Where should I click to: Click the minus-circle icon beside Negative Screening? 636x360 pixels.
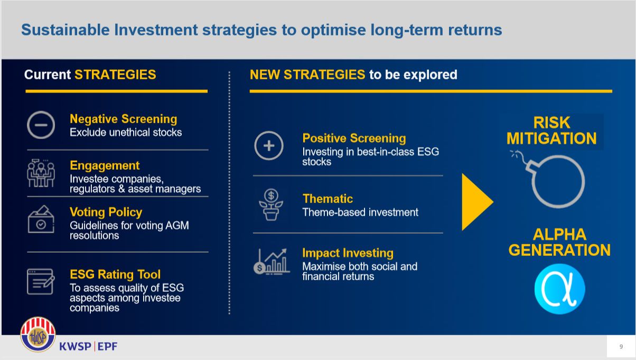tap(41, 113)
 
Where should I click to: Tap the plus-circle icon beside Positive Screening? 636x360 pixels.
tap(268, 132)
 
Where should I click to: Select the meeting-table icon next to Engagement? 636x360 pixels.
tap(41, 173)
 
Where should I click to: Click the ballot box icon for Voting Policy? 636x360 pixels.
tap(41, 219)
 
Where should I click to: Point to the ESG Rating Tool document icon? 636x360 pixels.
tap(40, 281)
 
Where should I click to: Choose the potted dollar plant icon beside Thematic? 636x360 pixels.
tap(271, 205)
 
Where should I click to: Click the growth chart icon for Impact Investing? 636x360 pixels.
tap(272, 262)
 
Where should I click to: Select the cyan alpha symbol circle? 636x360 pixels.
tap(559, 289)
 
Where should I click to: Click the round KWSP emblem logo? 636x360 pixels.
tap(38, 335)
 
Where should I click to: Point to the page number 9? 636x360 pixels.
tap(621, 346)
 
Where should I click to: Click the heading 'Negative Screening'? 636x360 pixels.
tap(123, 119)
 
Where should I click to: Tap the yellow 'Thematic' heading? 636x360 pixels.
tap(328, 199)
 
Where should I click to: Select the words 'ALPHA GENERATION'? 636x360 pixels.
tap(559, 242)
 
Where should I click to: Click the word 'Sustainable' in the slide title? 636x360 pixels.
tap(66, 30)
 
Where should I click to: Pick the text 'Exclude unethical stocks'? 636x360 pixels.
tap(126, 132)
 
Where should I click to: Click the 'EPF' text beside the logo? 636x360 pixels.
tap(107, 346)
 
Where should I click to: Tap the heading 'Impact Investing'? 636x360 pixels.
tap(348, 253)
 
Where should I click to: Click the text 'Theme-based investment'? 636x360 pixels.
tap(360, 213)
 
